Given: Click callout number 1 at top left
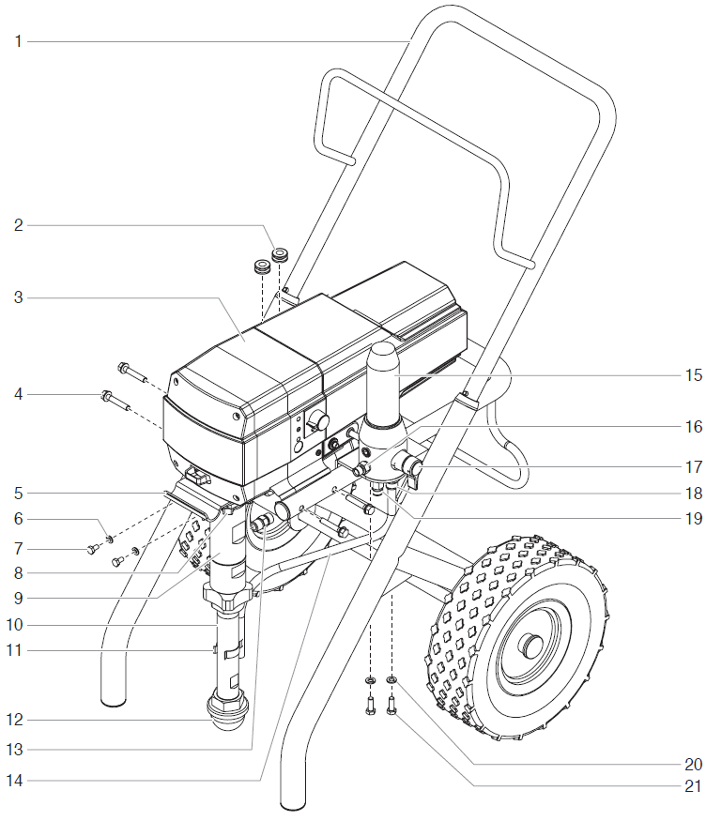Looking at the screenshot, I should (x=18, y=40).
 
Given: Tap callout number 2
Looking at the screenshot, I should (x=18, y=225).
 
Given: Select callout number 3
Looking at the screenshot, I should (x=18, y=298).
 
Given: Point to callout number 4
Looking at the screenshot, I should (x=18, y=395).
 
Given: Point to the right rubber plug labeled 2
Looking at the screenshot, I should (x=280, y=254).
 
